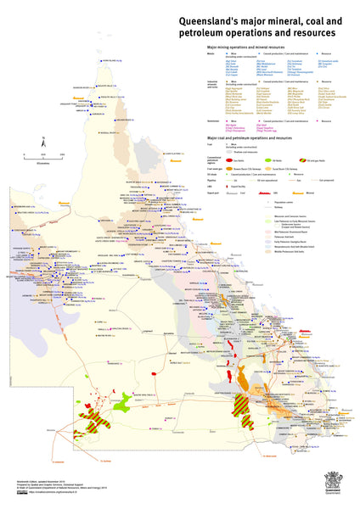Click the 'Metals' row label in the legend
coord(211,53)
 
